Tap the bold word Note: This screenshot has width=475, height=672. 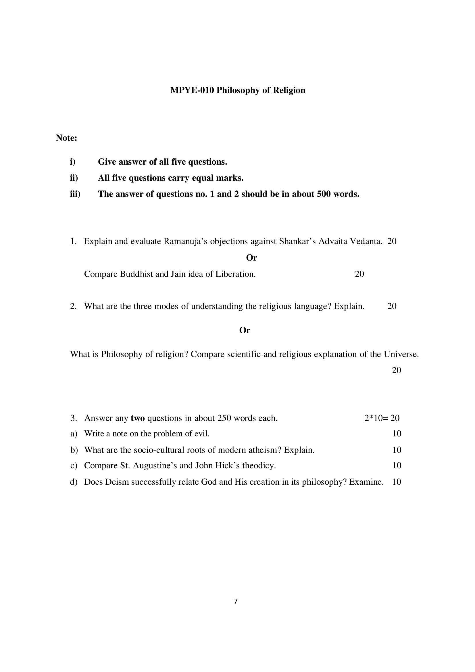point(66,138)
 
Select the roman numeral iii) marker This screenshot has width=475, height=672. point(75,194)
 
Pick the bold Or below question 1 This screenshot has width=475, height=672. point(251,258)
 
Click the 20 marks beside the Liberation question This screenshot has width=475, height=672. point(359,274)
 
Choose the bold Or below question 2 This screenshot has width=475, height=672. point(245,330)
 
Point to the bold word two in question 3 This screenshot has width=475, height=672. point(138,418)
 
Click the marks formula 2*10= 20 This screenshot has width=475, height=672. point(382,418)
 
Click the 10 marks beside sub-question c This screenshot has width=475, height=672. point(397,466)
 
